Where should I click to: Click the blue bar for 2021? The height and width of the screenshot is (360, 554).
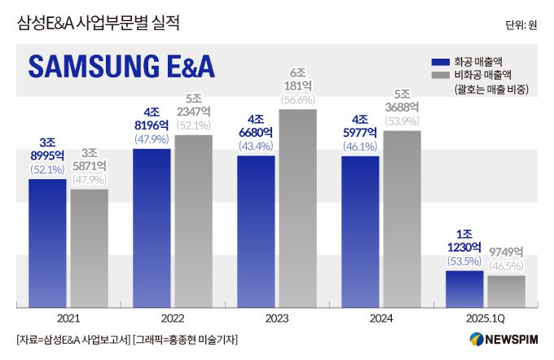[x=47, y=243]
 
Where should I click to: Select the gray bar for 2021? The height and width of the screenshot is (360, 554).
[x=89, y=248]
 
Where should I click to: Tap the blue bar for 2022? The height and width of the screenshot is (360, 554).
[x=152, y=227]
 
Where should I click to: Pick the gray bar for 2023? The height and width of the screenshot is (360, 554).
[x=297, y=208]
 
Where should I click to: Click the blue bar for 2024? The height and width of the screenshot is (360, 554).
[x=360, y=231]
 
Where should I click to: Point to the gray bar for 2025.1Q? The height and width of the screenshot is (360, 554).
[x=506, y=291]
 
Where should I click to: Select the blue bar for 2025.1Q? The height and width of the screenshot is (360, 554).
[x=464, y=288]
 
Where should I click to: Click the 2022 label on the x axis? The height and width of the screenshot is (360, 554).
[x=172, y=318]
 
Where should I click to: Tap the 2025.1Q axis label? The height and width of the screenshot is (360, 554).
[x=485, y=318]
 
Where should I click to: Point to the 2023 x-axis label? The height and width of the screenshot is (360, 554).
[x=276, y=318]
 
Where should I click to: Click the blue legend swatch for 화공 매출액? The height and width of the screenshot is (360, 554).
[x=440, y=61]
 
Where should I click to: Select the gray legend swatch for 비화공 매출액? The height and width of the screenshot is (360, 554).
[x=440, y=75]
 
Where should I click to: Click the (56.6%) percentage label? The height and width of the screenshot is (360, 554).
[x=297, y=100]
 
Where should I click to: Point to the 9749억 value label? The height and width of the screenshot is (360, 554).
[x=506, y=252]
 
